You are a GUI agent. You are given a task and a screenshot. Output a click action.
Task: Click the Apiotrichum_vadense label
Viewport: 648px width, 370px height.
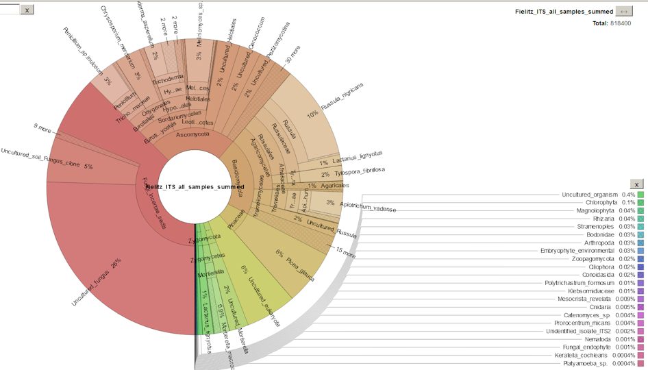click(367, 206)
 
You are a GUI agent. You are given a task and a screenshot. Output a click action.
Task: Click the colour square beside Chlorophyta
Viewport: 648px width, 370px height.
click(641, 203)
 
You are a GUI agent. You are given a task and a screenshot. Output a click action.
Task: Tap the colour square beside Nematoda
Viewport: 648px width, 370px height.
click(641, 339)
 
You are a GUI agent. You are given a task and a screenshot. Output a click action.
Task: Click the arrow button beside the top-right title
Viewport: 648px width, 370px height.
click(624, 11)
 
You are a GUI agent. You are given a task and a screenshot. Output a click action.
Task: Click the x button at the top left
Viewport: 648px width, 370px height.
click(26, 10)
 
